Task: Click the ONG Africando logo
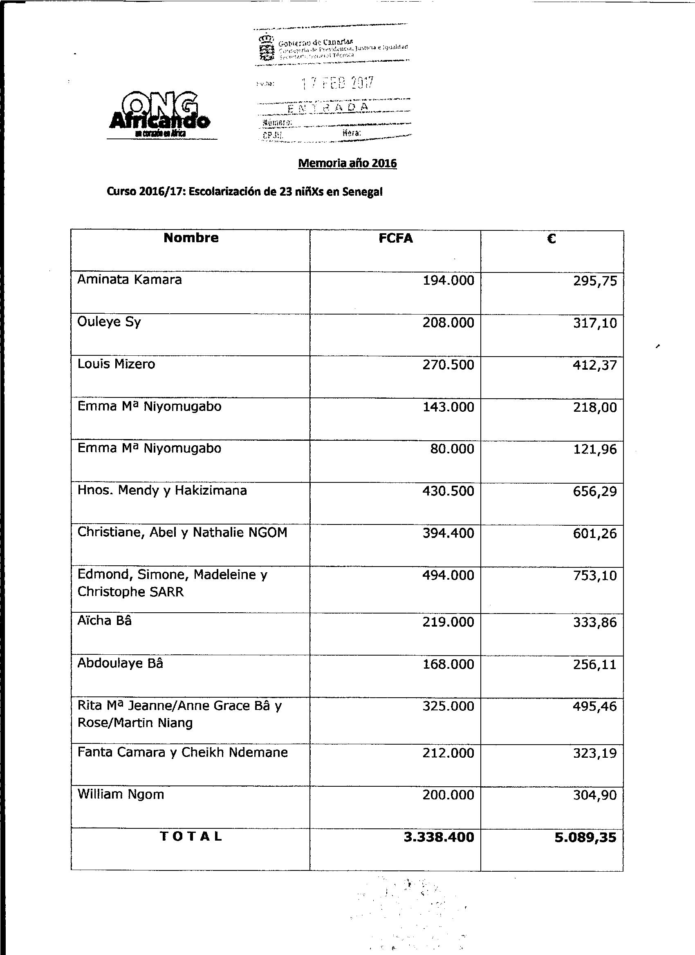[159, 113]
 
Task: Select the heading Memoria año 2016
[347, 163]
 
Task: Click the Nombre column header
[191, 238]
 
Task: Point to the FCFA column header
[396, 239]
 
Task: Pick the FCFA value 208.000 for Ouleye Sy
[448, 323]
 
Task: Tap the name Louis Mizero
[117, 364]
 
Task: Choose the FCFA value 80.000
[452, 449]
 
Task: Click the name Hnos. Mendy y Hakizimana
[162, 491]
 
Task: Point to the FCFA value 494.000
[448, 575]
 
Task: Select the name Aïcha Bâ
[105, 621]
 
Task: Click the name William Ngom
[121, 794]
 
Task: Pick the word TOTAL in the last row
[191, 837]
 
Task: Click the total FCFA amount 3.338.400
[439, 837]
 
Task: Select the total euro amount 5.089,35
[585, 837]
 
